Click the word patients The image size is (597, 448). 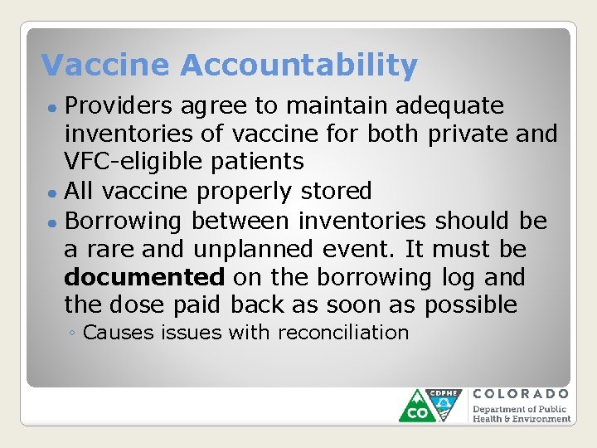[263, 162]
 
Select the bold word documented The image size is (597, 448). [144, 276]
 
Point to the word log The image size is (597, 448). [439, 276]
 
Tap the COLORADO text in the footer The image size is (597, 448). [521, 394]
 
